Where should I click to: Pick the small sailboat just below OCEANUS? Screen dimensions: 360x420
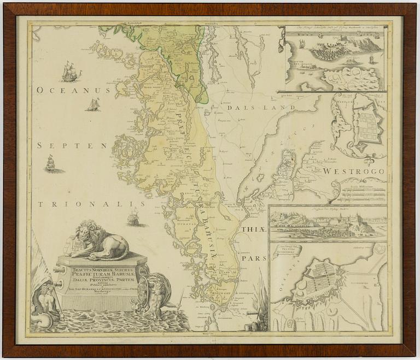coord(94,104)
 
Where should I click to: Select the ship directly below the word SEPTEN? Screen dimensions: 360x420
coord(51,163)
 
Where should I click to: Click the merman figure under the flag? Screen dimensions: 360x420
coord(46,300)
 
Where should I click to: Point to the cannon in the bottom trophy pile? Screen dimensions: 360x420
coord(253,315)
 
